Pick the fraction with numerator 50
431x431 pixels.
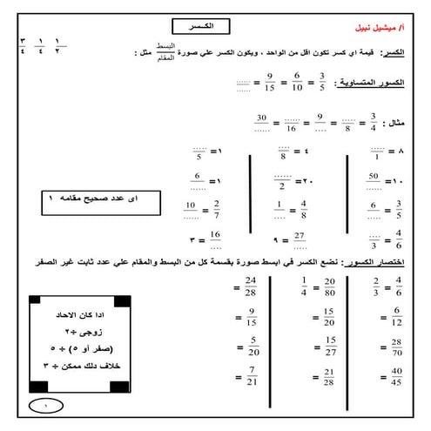click(x=373, y=183)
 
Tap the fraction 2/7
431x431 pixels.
click(x=218, y=210)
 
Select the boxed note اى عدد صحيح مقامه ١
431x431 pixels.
click(x=89, y=199)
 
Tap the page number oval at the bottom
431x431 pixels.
click(x=45, y=406)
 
